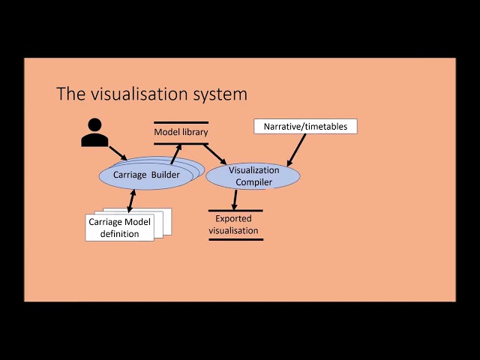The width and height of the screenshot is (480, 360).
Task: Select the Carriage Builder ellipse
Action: point(146,175)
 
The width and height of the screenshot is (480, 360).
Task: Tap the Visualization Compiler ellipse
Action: point(253,175)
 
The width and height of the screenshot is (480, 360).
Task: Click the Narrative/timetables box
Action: point(305,127)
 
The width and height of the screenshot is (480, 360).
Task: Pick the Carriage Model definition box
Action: point(120,227)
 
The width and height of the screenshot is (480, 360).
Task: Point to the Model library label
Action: point(181,133)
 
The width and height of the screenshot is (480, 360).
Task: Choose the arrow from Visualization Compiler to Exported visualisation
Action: point(235,199)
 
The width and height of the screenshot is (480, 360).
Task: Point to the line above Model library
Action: point(181,122)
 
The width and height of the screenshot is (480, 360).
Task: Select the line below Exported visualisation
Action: point(235,239)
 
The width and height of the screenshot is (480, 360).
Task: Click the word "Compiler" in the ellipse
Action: point(253,181)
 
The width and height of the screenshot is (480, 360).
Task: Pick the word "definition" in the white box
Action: point(120,233)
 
